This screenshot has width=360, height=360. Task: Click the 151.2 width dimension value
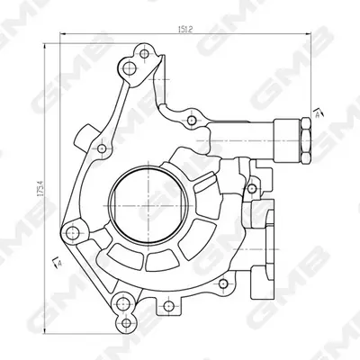(x=184, y=29)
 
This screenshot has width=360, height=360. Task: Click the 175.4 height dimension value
(x=41, y=188)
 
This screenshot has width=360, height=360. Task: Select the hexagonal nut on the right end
(x=305, y=140)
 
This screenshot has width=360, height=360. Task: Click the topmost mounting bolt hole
(x=144, y=54)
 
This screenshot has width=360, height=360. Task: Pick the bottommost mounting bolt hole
(x=127, y=323)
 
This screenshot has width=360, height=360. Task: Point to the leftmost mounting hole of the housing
(x=72, y=233)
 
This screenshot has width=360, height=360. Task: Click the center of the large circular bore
(x=148, y=206)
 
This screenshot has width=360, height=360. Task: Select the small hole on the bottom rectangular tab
(x=167, y=306)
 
